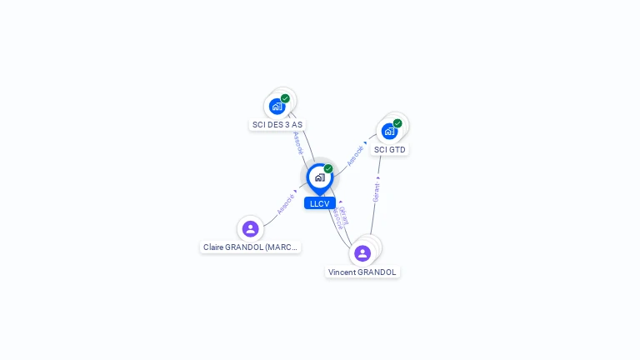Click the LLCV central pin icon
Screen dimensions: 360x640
pos(319,177)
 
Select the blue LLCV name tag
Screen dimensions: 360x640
pos(319,203)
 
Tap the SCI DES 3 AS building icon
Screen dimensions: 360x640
pos(277,107)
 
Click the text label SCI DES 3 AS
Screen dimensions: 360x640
pos(277,125)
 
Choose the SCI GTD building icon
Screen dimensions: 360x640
pos(389,131)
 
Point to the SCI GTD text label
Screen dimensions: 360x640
pos(390,150)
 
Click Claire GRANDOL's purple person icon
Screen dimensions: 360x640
pos(250,228)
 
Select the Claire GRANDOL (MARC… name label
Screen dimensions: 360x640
pos(251,247)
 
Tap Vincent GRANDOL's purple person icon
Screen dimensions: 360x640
pos(362,252)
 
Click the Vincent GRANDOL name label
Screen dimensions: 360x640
pos(362,272)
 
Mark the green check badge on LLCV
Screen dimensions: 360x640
pos(328,169)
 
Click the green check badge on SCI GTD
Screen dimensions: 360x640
pos(397,123)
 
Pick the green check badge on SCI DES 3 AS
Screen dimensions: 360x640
pos(285,98)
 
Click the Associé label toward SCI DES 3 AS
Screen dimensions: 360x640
pos(298,142)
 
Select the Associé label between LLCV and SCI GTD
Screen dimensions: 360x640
pos(357,155)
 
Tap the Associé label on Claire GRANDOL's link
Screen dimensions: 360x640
pos(286,203)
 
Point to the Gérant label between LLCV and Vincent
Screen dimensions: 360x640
pos(344,213)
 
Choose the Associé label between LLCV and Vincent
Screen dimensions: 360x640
pos(336,218)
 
